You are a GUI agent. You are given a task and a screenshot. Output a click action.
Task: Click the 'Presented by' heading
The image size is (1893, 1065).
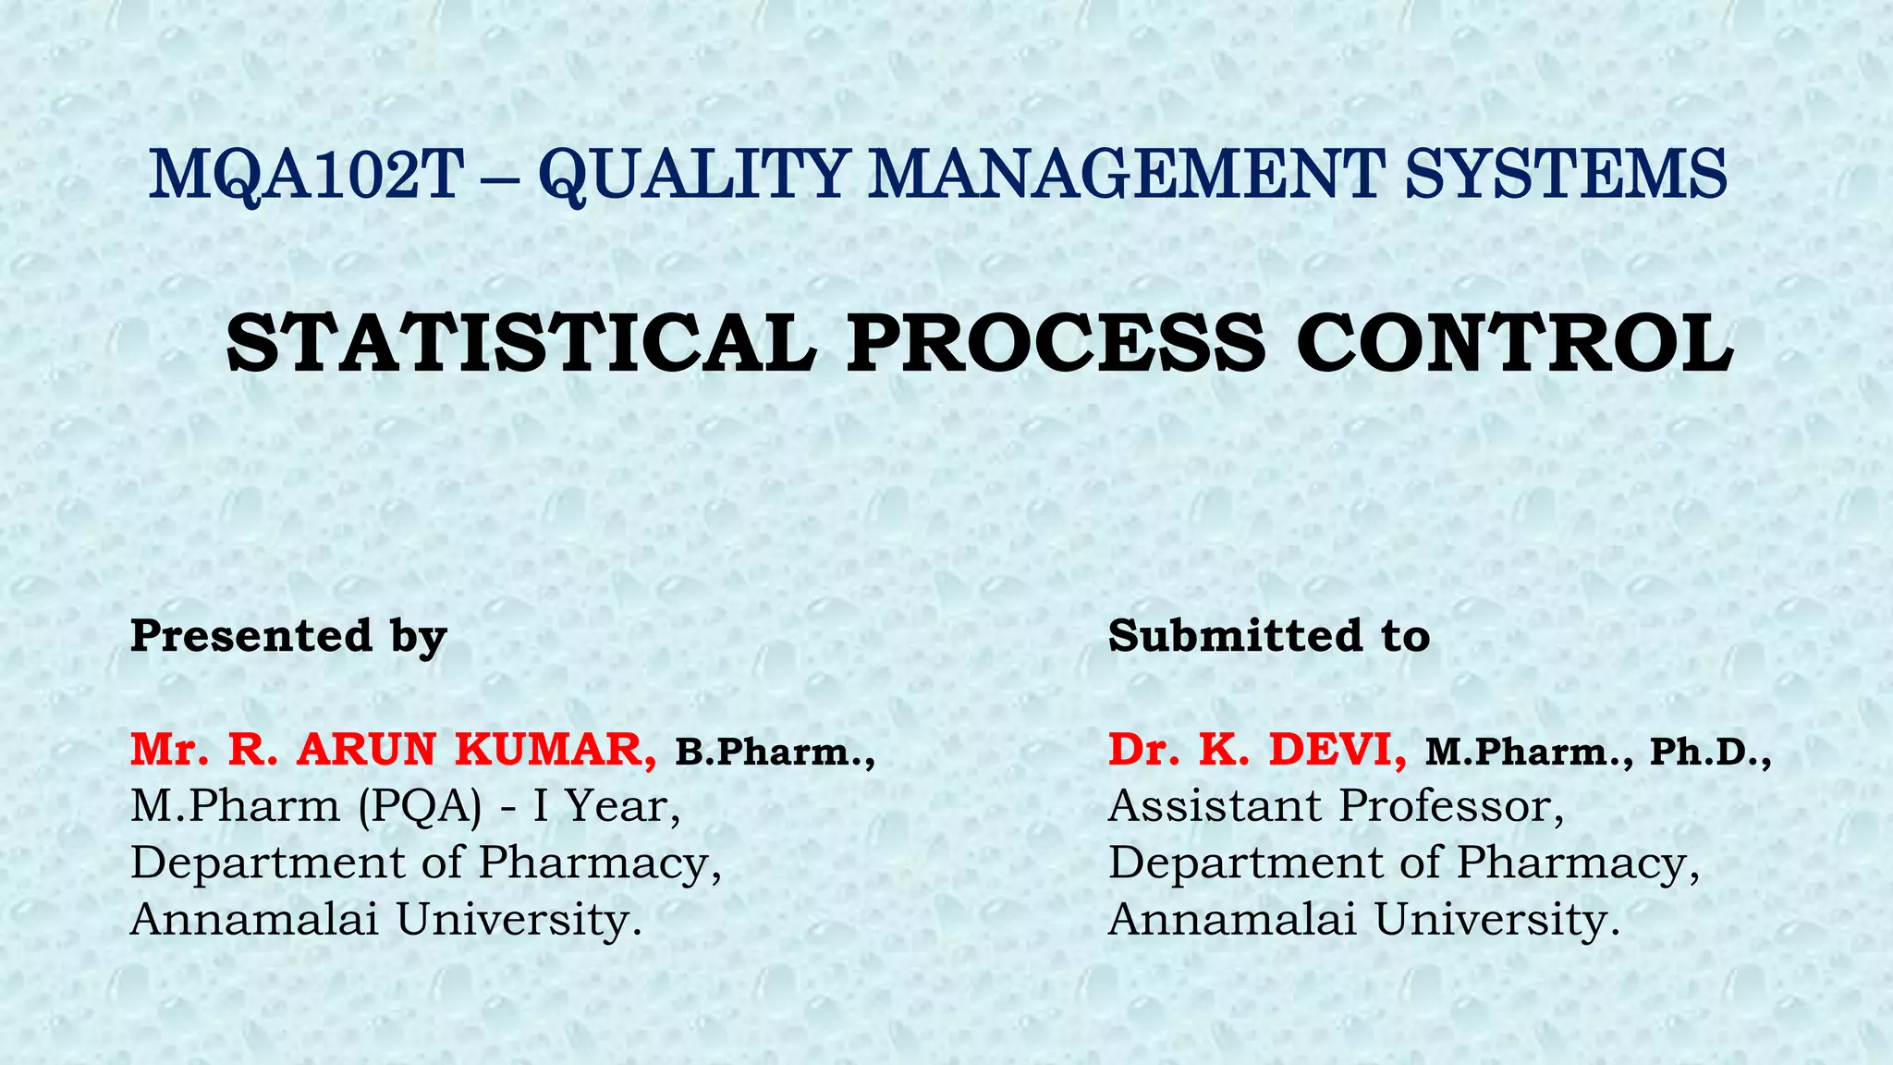288,637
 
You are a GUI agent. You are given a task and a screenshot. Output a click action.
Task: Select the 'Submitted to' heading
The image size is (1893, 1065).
1269,636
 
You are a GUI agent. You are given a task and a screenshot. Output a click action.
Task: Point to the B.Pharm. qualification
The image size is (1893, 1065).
775,753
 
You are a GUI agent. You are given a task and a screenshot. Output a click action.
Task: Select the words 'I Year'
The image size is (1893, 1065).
606,807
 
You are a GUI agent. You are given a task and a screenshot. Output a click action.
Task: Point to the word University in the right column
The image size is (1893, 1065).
1496,919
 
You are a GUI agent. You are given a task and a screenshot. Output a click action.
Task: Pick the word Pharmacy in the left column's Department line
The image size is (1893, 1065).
599,863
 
